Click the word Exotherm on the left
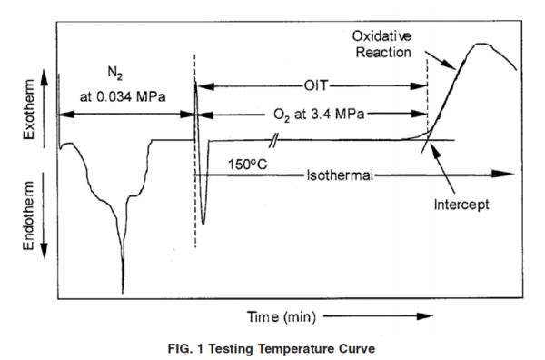[26, 114]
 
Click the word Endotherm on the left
[26, 220]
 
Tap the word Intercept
[461, 205]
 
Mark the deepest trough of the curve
[123, 289]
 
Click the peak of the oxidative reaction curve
[480, 44]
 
